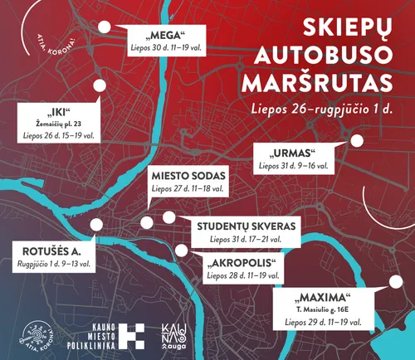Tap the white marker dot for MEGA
(x=104, y=27)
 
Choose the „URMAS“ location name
(x=295, y=153)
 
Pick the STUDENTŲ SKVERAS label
(x=245, y=226)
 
